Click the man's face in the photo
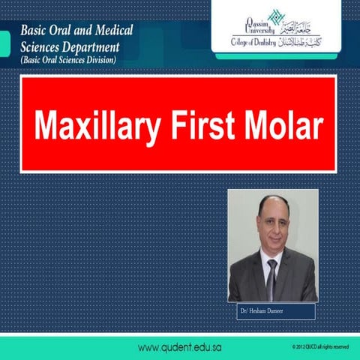tap(271, 225)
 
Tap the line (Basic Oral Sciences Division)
tap(68, 61)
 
